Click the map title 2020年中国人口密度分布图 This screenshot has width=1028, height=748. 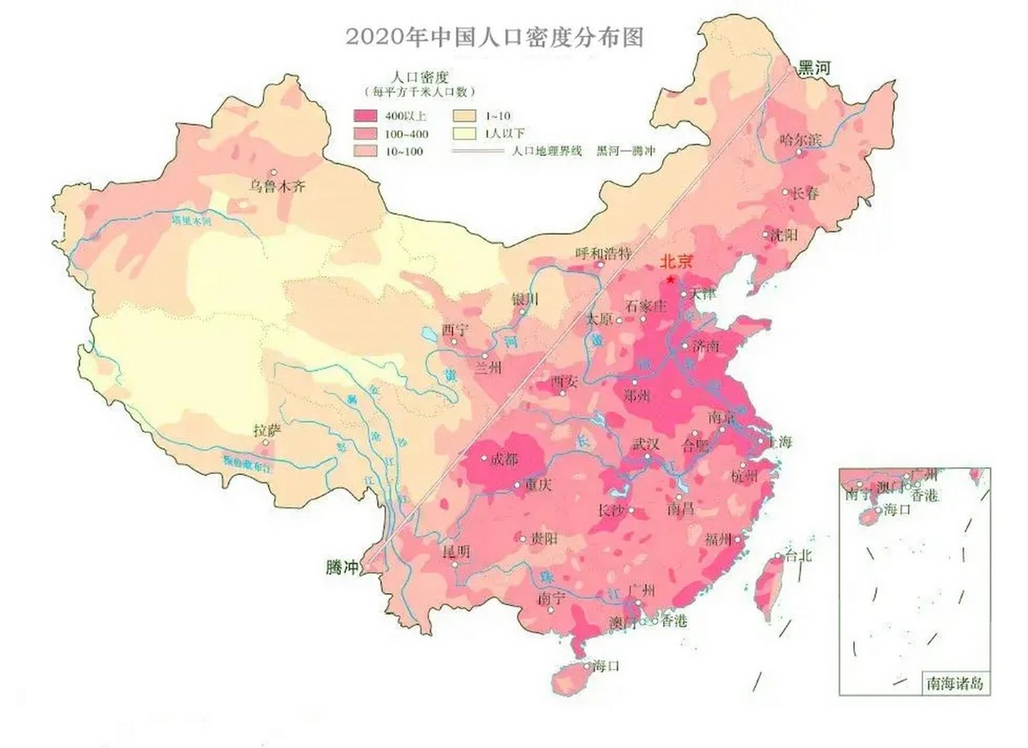pos(494,36)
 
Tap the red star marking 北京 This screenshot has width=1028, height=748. pos(671,279)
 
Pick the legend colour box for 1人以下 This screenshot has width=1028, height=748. pos(465,133)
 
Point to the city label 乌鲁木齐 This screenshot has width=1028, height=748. pos(277,186)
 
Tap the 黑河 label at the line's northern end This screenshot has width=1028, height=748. pos(816,68)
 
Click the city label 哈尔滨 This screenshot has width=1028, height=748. pos(801,139)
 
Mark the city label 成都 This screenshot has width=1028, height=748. pos(505,459)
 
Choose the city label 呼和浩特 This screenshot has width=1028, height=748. pos(603,253)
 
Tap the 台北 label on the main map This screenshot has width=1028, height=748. pos(798,555)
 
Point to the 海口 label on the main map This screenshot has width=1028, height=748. pos(605,665)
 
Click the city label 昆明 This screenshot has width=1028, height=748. pos(455,551)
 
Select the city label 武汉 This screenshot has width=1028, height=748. pos(646,444)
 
